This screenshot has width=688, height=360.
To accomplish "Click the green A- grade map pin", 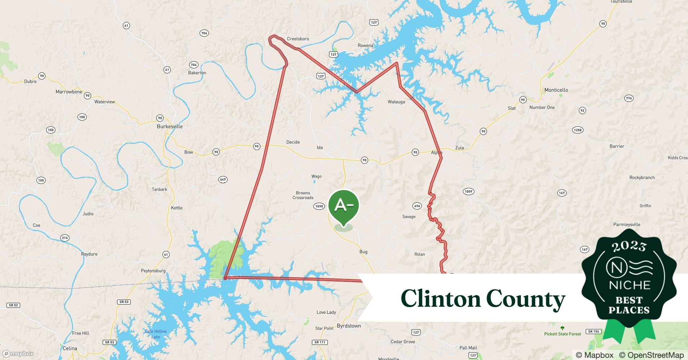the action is point(344,206).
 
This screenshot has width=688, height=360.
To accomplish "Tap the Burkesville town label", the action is point(170,126).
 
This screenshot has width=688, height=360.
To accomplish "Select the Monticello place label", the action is point(556,90).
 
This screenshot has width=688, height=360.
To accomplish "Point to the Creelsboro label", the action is point(298,39).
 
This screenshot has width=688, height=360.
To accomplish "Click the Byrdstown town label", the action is point(349,326).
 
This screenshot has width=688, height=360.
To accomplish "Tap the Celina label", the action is point(70,348).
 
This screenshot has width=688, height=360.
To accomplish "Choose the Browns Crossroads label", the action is point(303,195).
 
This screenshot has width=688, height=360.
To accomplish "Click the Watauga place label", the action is point(396,102).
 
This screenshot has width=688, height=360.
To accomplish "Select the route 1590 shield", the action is point(319,206).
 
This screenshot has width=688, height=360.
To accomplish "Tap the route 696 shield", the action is point(417,206).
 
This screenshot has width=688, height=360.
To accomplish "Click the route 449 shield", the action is point(223,179).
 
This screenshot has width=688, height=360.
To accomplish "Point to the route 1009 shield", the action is point(468,192).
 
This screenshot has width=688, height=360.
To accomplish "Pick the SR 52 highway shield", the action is point(13,305).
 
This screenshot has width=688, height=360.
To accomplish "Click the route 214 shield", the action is point(65,238).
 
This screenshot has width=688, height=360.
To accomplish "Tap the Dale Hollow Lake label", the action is point(156,334).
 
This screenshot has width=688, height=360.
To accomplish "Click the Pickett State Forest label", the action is point(562,334).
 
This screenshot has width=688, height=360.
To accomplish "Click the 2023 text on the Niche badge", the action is point(629,246).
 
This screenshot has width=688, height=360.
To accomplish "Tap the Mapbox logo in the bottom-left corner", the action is point(18,354).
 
